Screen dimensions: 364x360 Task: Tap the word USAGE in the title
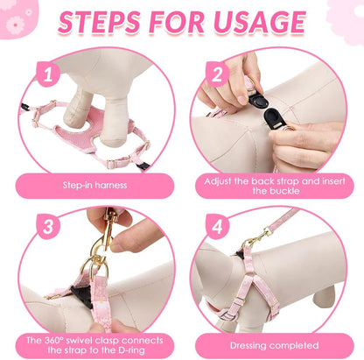coord(260,22)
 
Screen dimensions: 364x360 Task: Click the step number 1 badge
coord(48,74)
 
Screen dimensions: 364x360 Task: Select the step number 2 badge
coord(217,74)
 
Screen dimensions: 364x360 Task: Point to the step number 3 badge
coord(48,227)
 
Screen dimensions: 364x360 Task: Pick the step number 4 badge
coord(217,227)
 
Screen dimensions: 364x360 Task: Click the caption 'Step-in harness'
coord(94,185)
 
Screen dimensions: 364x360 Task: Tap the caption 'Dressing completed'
coord(274,346)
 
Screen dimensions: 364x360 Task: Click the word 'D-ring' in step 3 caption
coord(129,350)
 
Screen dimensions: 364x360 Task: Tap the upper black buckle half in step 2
coord(258,100)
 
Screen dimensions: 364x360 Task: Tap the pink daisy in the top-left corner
coord(15,25)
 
